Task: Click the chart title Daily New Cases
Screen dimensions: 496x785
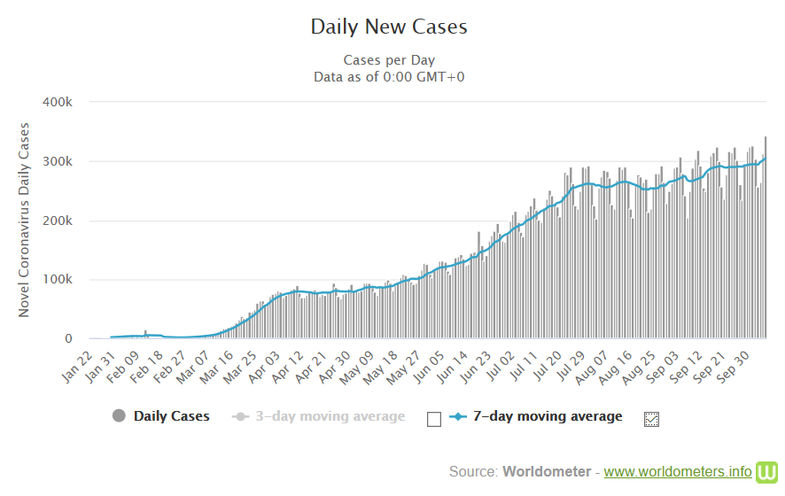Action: pyautogui.click(x=389, y=27)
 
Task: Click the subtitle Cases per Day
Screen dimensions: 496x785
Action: pyautogui.click(x=389, y=60)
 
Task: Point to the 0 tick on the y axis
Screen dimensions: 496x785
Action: pyautogui.click(x=67, y=339)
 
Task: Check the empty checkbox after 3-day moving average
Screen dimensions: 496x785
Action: pyautogui.click(x=433, y=419)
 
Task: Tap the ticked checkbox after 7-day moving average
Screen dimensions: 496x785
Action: pyautogui.click(x=652, y=419)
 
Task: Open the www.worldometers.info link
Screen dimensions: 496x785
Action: pyautogui.click(x=677, y=471)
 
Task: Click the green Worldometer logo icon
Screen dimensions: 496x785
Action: pyautogui.click(x=767, y=470)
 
